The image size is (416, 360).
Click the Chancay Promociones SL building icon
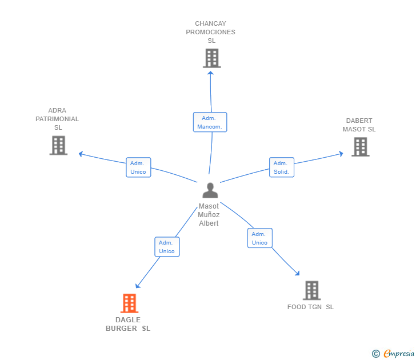click(x=211, y=58)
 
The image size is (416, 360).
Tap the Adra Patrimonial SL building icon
click(x=58, y=146)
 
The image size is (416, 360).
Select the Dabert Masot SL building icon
click(x=360, y=147)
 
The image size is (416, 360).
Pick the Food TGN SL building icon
click(x=311, y=290)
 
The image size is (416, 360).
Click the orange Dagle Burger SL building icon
click(x=130, y=303)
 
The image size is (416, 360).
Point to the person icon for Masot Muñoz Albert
click(x=210, y=191)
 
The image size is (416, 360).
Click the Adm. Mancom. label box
click(x=210, y=122)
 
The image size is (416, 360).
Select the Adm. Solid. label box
click(x=281, y=167)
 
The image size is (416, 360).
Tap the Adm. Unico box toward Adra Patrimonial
click(x=138, y=167)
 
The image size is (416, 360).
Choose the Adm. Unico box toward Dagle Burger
click(x=167, y=247)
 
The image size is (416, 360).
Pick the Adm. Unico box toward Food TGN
click(x=259, y=238)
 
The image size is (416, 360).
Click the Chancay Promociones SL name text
click(x=210, y=32)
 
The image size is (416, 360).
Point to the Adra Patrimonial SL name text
click(x=57, y=119)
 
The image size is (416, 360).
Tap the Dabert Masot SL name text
click(x=359, y=125)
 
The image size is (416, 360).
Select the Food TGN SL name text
click(x=310, y=307)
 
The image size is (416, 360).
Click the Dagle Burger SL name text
click(x=128, y=324)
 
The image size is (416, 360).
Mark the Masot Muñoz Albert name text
click(x=209, y=215)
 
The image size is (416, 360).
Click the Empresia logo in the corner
click(x=394, y=354)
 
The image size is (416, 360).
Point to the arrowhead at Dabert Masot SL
click(x=341, y=153)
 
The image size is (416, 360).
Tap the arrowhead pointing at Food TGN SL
click(x=297, y=273)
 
